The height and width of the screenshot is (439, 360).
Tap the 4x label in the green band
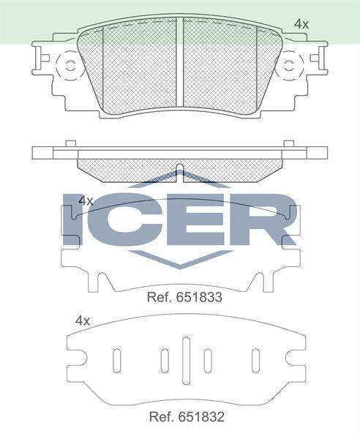tap(301, 24)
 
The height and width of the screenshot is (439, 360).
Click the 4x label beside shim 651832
tap(83, 320)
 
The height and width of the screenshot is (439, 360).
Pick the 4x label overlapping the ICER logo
tap(86, 200)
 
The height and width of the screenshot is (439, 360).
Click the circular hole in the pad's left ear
tap(71, 66)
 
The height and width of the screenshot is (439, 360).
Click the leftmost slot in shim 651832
tap(116, 360)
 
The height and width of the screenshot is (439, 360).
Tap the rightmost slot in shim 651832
tap(256, 360)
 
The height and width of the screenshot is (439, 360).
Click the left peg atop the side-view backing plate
tap(71, 143)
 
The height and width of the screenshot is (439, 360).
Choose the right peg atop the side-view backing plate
tap(288, 143)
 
